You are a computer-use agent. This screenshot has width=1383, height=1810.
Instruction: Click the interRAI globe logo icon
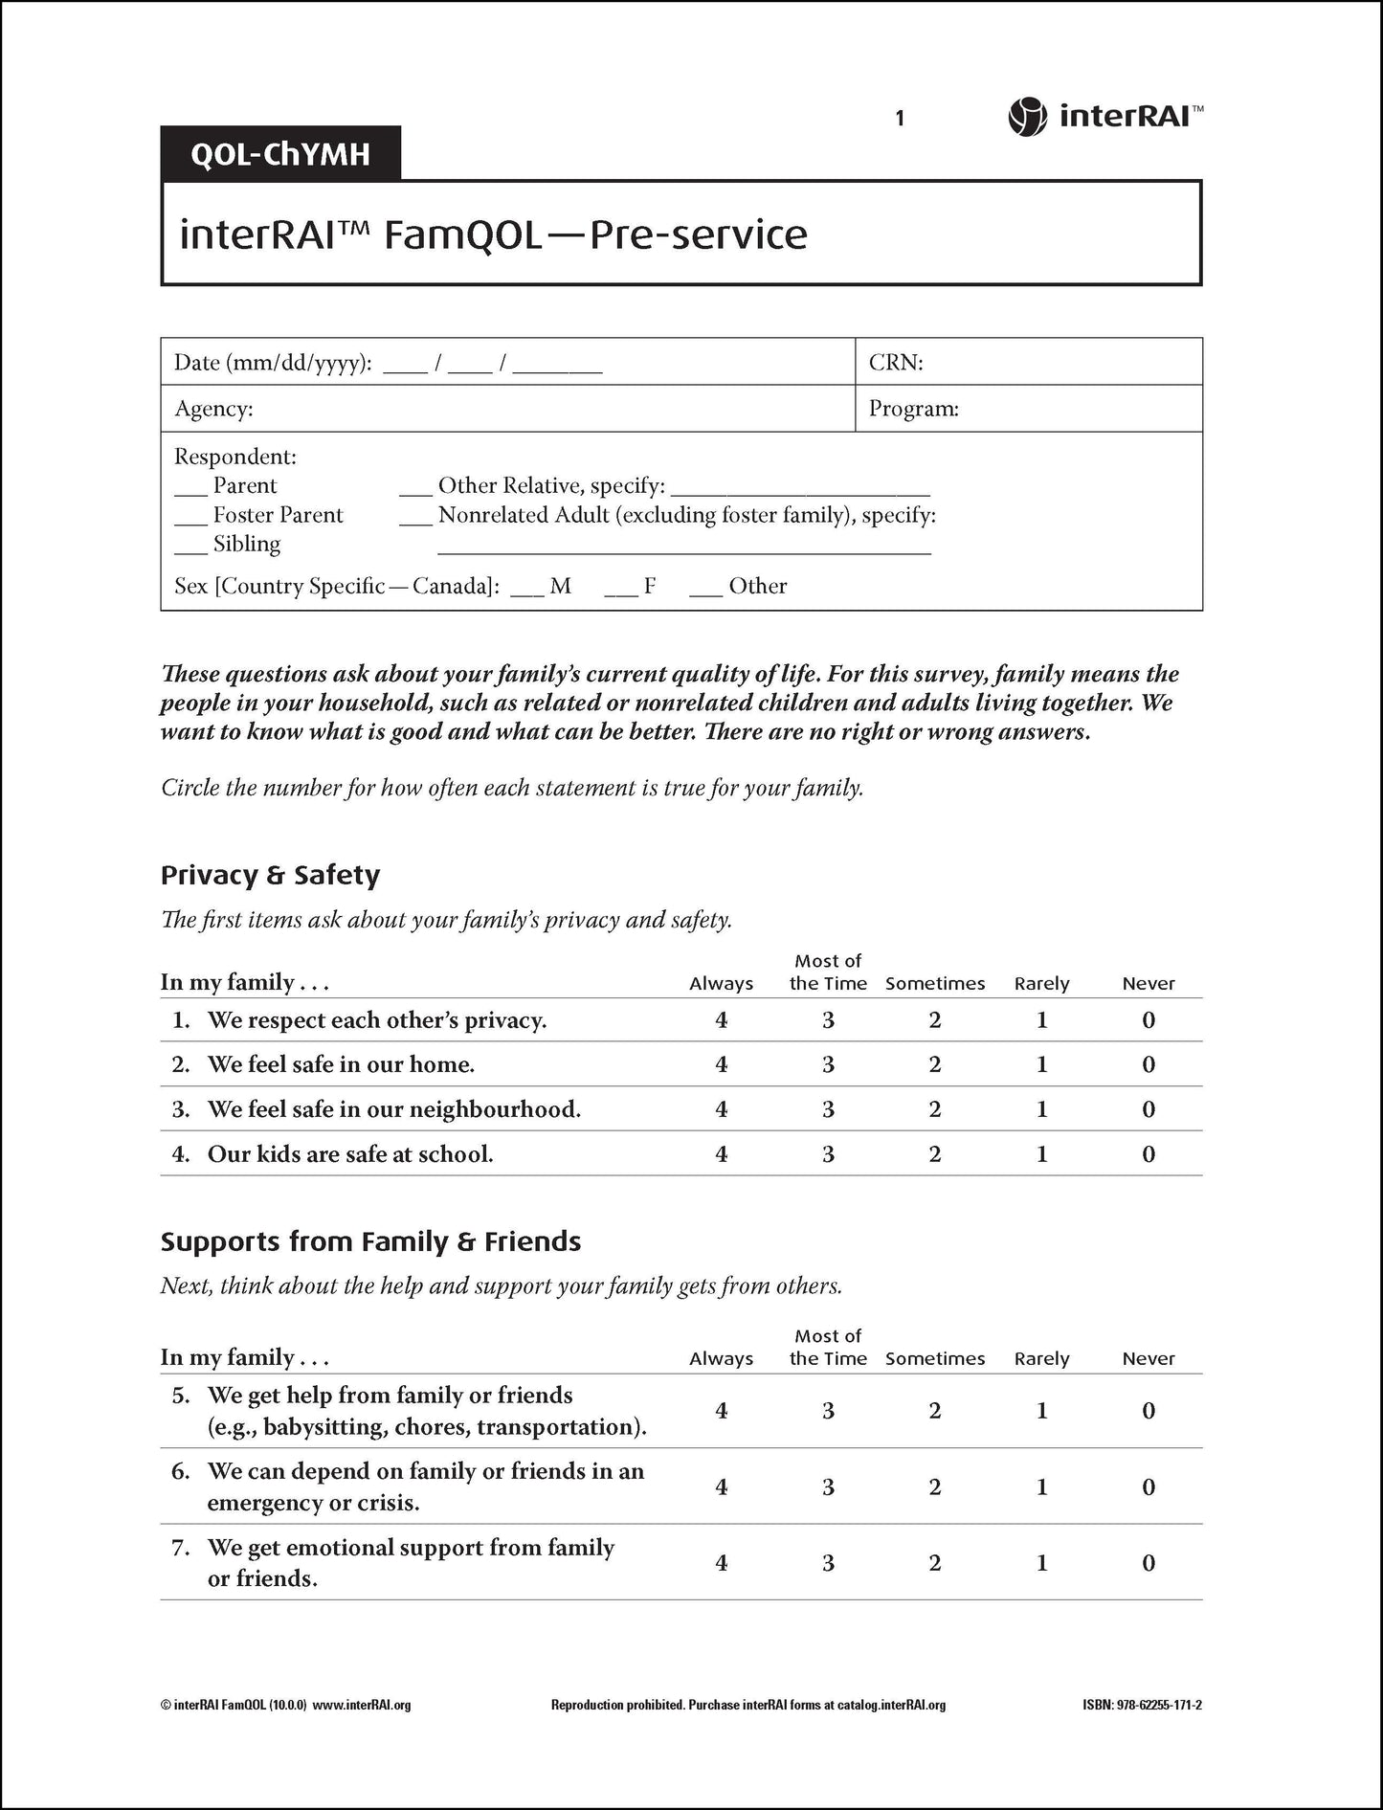[1027, 117]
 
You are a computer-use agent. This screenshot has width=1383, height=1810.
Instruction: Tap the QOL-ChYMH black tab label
[280, 153]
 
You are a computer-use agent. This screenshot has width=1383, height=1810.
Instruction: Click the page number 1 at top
[900, 119]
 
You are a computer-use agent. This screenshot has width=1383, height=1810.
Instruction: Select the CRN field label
[895, 363]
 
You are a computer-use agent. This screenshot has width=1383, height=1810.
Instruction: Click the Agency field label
[213, 410]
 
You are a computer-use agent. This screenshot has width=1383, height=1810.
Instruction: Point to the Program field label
[913, 410]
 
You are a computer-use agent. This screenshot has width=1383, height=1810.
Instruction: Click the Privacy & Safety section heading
[270, 875]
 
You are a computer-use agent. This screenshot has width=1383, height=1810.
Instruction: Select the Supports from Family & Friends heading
[370, 1241]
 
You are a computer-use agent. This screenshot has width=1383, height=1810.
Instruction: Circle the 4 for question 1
[721, 1020]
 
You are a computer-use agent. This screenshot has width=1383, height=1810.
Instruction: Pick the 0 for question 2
[1149, 1064]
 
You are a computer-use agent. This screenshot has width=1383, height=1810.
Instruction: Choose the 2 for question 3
[935, 1109]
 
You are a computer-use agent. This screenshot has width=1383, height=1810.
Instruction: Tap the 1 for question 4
[1041, 1154]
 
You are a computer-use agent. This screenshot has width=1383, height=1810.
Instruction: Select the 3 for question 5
[828, 1411]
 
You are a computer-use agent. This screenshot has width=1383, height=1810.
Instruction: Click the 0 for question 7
[1149, 1563]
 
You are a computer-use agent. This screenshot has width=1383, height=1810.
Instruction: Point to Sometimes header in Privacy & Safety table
[935, 984]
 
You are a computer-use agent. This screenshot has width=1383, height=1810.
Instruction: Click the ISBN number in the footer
[1142, 1705]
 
